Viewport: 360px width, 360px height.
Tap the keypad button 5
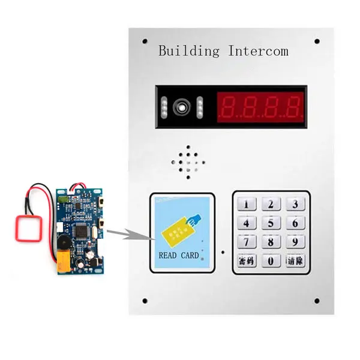click(271, 223)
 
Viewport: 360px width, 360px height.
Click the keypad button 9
click(293, 242)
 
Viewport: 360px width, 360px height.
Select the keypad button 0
click(271, 261)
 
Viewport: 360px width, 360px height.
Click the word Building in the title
click(189, 50)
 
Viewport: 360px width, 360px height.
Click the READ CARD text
click(178, 255)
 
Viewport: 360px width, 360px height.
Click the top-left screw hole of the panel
click(145, 41)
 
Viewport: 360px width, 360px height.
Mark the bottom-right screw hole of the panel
click(316, 301)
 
